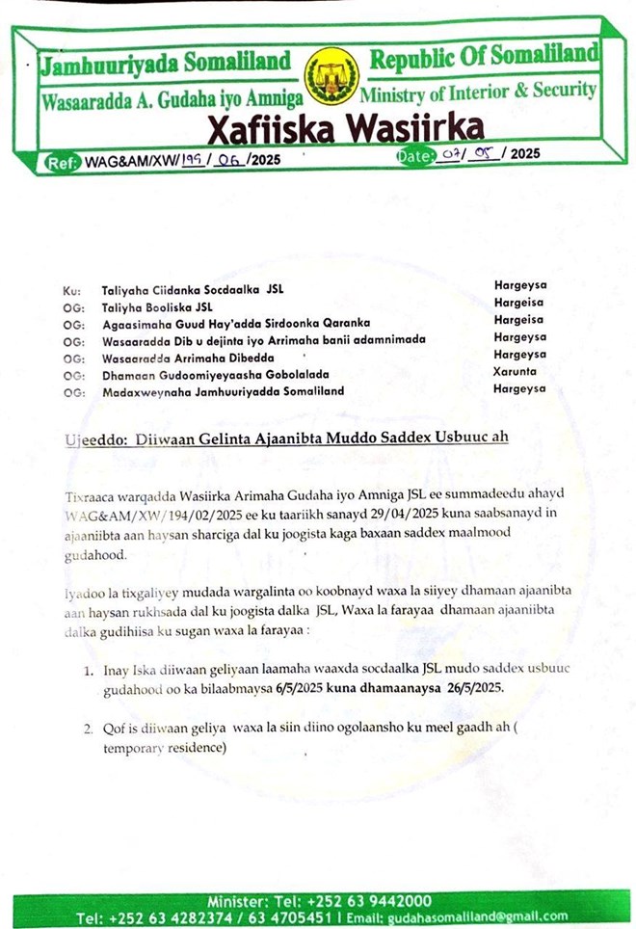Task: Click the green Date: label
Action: coord(411,154)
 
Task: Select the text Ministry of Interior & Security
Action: coord(478,93)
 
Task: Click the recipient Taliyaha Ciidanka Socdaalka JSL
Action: coord(193,289)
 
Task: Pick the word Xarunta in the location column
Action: coord(519,371)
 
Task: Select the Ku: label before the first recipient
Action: coord(69,289)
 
